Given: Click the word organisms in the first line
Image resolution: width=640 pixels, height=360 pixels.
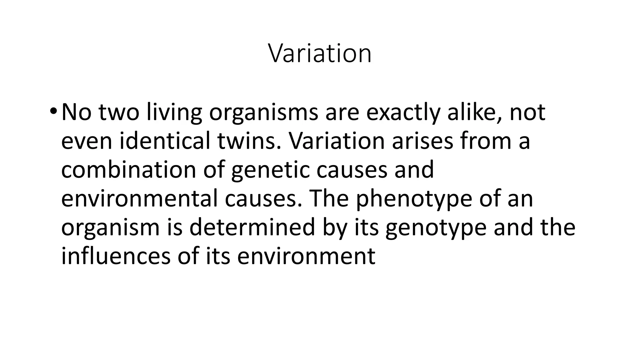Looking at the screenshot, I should (263, 113).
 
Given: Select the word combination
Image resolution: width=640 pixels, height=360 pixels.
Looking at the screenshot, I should (128, 170).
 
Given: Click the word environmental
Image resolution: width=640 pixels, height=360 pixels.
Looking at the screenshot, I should (139, 199).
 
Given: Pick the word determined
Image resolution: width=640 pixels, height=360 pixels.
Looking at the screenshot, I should (252, 227).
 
